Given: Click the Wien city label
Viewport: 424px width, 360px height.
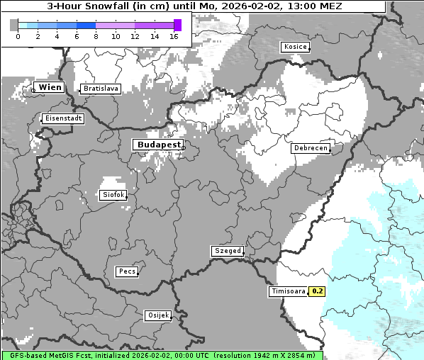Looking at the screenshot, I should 50,87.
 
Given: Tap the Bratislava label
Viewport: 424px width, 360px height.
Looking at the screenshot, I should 100,89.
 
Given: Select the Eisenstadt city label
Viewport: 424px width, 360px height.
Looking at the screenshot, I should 62,118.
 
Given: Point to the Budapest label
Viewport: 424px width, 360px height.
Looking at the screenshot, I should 158,144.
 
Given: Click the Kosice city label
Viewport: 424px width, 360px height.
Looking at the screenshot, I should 295,47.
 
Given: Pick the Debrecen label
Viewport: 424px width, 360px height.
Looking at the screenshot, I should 310,148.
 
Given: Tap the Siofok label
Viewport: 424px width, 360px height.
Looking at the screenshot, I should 113,194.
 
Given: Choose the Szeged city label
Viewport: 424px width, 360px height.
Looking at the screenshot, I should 227,251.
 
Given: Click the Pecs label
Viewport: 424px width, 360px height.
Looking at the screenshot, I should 127,271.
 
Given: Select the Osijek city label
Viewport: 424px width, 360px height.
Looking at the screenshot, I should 157,315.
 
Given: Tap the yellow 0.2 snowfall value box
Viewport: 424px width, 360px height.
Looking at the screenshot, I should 318,291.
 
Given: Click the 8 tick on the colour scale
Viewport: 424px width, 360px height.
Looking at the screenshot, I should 96,36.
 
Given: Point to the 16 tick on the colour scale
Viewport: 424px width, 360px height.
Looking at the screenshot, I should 174,36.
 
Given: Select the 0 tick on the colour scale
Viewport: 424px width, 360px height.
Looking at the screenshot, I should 18,36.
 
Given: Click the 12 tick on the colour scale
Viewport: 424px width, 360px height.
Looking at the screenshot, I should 135,36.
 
